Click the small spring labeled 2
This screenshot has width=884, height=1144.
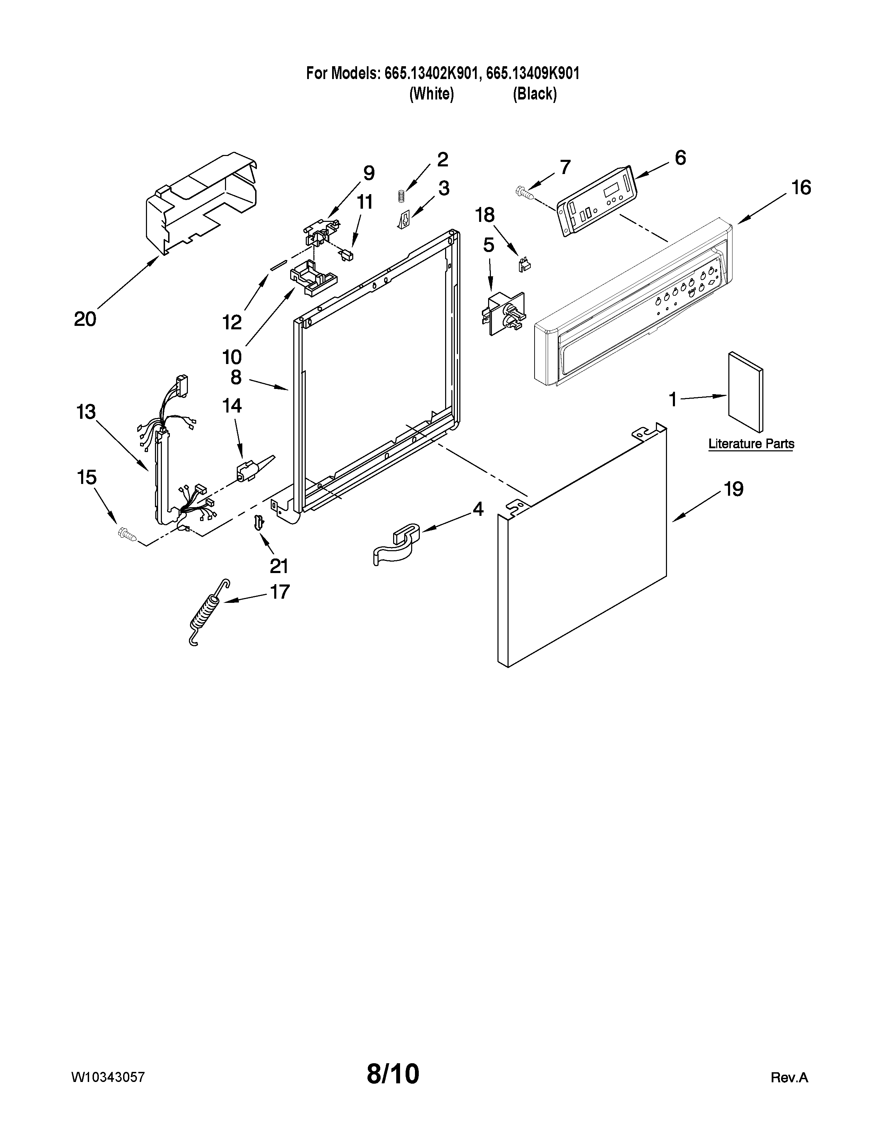pyautogui.click(x=401, y=196)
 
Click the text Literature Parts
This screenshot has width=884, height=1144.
pyautogui.click(x=751, y=444)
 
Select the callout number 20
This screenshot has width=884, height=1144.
pyautogui.click(x=85, y=319)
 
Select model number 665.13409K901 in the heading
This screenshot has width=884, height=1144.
pyautogui.click(x=532, y=73)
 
